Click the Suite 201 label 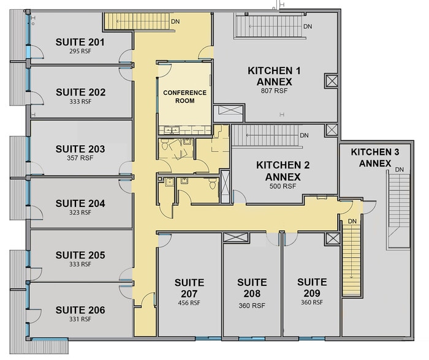click(x=80, y=42)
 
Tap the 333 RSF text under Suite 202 click(x=80, y=102)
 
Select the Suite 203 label click(x=80, y=149)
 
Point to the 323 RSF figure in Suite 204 click(x=80, y=212)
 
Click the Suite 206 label click(x=80, y=310)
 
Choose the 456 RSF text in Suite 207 click(x=189, y=303)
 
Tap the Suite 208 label click(x=252, y=288)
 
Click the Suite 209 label click(x=312, y=288)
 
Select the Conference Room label click(x=184, y=97)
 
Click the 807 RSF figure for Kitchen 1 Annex click(x=274, y=91)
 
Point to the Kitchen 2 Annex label click(x=283, y=171)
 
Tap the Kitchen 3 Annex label click(x=375, y=158)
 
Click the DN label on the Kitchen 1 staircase click(x=308, y=26)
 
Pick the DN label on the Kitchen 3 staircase click(x=400, y=170)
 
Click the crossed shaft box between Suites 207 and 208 click(x=235, y=238)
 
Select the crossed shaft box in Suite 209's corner click(x=333, y=239)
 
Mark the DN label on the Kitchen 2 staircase click(x=304, y=135)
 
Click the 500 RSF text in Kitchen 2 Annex click(x=283, y=186)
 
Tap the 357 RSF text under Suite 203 click(x=80, y=158)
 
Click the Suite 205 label click(x=80, y=255)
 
